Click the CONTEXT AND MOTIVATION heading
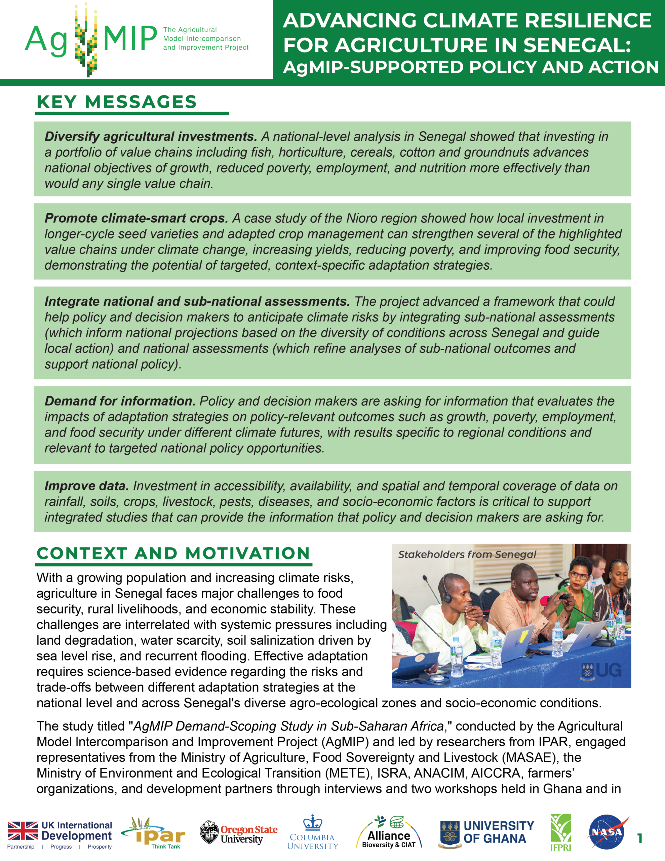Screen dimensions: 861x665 click(173, 553)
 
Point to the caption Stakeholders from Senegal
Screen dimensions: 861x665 click(467, 554)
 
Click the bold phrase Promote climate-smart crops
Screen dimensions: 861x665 click(136, 218)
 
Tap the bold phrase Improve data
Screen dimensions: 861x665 click(87, 486)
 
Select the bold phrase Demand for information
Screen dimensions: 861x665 click(120, 401)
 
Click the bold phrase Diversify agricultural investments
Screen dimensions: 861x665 click(151, 137)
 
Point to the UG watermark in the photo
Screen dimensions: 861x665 click(601, 670)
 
